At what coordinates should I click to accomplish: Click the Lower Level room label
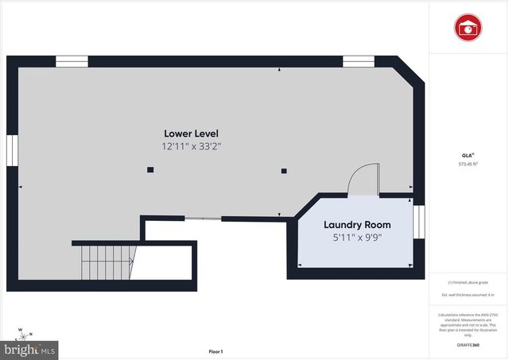(x=191, y=134)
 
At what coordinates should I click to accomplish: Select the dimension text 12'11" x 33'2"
(x=191, y=146)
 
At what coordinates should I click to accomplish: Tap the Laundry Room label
(x=356, y=224)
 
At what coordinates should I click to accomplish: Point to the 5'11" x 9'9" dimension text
(x=356, y=237)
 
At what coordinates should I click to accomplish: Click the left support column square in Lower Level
(x=150, y=169)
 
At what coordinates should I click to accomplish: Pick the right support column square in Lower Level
(x=283, y=169)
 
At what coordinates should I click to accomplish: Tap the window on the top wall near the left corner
(x=72, y=60)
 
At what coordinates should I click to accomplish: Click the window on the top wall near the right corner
(x=358, y=60)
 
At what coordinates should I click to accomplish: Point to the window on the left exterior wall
(x=12, y=150)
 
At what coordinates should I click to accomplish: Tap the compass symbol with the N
(x=24, y=334)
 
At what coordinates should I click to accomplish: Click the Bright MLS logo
(x=29, y=349)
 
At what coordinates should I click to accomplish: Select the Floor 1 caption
(x=216, y=350)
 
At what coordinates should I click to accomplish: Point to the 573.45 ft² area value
(x=468, y=165)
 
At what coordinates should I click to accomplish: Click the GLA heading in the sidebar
(x=468, y=154)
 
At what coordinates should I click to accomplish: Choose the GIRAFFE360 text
(x=469, y=346)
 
